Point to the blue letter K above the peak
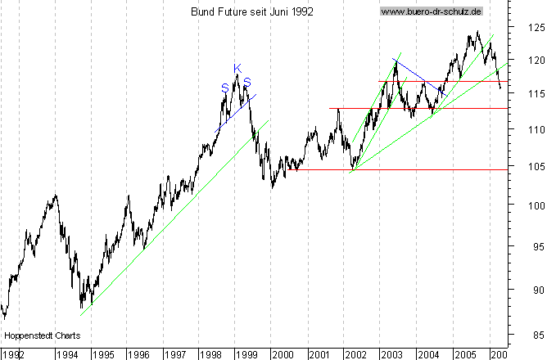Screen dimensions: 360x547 237,68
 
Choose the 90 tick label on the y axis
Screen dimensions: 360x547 536,290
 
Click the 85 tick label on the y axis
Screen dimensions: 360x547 536,334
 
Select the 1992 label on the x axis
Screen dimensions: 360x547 12,354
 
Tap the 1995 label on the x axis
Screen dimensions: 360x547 102,354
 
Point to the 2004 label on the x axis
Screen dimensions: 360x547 427,354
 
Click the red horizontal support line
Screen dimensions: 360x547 409,108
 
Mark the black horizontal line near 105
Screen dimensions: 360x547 409,169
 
